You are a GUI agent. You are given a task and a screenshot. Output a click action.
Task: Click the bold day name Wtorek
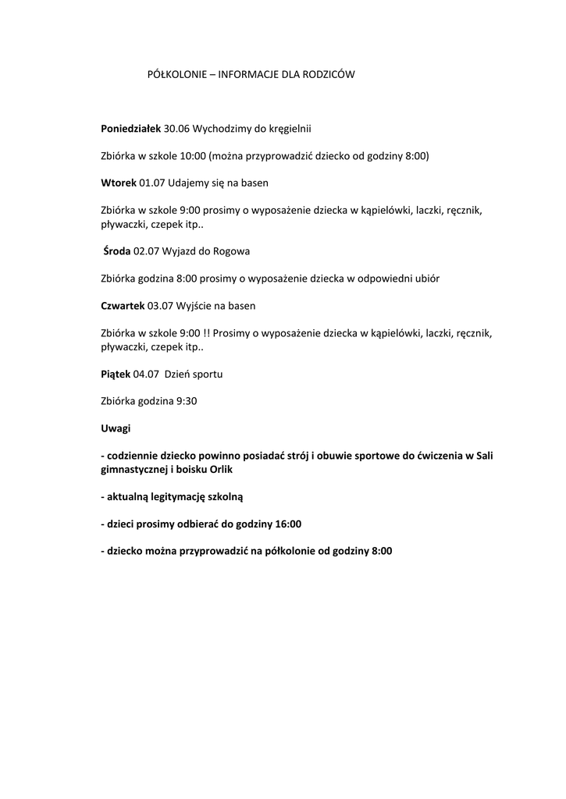click(119, 183)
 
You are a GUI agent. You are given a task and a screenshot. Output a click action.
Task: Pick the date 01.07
click(152, 183)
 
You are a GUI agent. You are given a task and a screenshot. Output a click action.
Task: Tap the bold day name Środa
click(117, 251)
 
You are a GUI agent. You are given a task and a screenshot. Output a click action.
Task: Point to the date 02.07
click(148, 251)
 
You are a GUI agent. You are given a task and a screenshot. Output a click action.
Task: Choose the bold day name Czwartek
click(123, 306)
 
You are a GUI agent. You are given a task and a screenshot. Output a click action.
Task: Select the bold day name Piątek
click(116, 374)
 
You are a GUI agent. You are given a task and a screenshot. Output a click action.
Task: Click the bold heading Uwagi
click(116, 428)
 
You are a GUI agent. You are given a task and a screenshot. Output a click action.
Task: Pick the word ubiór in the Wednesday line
click(436, 279)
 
